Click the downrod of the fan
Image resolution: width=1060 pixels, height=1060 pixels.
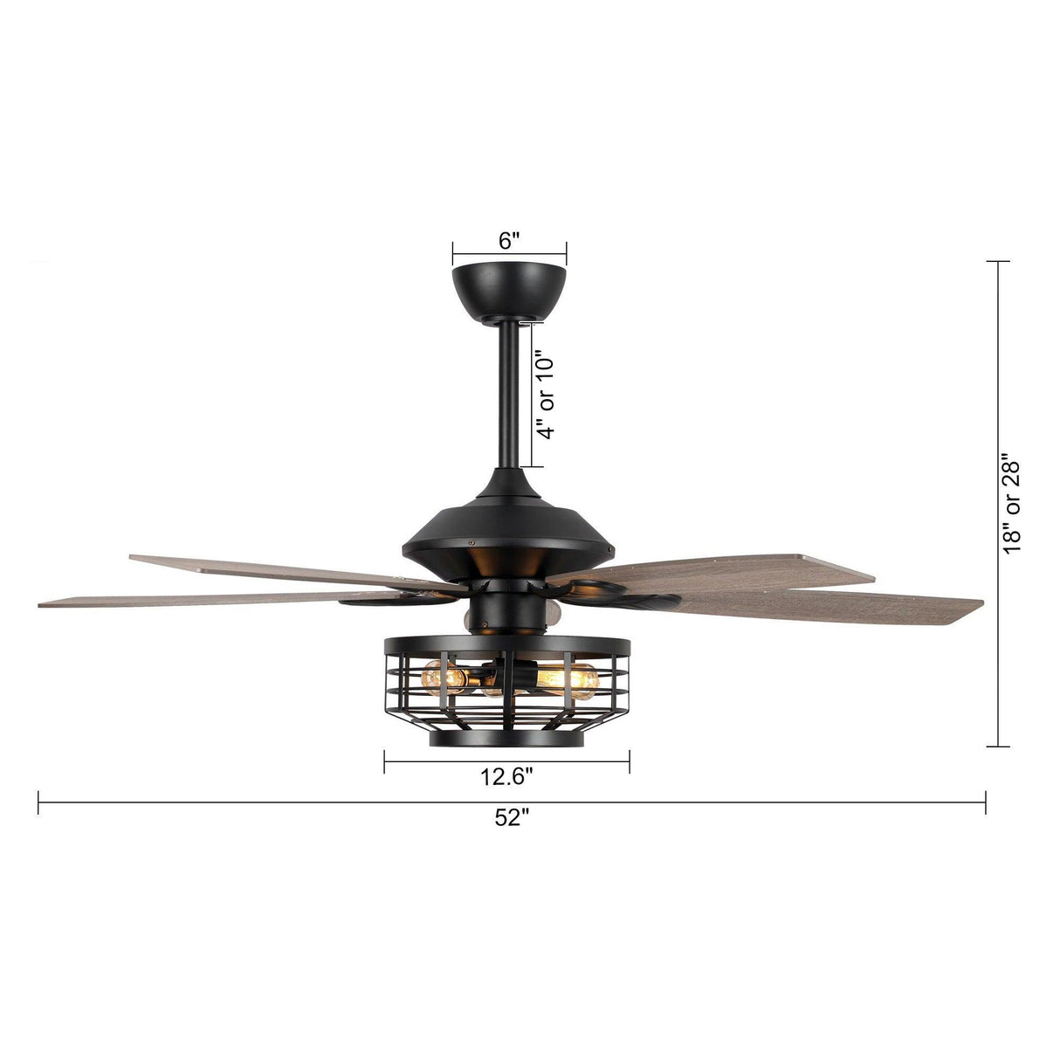507,393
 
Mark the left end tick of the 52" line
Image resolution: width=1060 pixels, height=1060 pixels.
38,802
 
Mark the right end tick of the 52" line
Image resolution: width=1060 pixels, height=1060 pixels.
986,802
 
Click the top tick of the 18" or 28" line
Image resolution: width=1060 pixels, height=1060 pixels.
998,261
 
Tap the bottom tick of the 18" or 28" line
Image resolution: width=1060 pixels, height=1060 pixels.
998,747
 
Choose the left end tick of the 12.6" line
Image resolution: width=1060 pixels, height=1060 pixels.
384,762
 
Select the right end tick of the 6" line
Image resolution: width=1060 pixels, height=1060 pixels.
567,253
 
